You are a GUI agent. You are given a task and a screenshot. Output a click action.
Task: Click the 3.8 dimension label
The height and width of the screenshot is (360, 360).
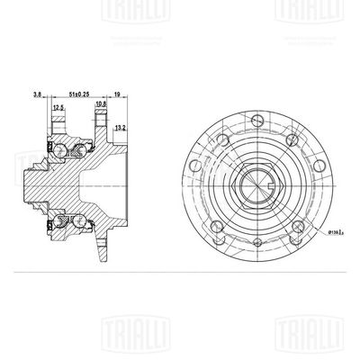point(37,92)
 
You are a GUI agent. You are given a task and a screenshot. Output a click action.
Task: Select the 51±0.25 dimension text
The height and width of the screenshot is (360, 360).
point(82,92)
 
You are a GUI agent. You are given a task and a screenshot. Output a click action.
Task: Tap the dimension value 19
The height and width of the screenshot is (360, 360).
point(118,92)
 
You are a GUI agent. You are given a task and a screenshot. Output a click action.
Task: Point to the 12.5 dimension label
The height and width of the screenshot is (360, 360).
point(58,107)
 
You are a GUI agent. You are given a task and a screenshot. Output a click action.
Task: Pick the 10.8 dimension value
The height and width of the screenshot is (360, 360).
point(102,105)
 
